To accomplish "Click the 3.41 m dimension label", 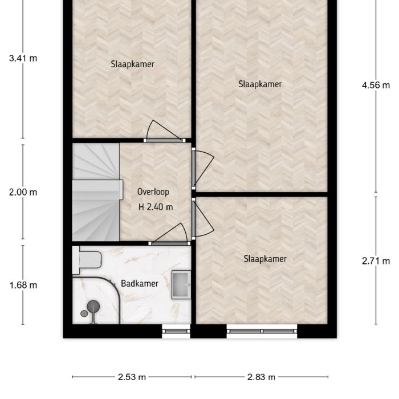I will [23, 58].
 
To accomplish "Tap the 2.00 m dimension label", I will [23, 192].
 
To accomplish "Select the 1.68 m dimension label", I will [23, 285].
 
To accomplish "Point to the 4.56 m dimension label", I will [376, 85].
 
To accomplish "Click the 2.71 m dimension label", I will [376, 262].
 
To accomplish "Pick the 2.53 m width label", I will [132, 377].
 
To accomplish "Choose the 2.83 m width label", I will [262, 377].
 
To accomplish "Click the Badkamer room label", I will [140, 283].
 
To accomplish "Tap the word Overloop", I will [153, 192].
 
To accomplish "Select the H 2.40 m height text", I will [156, 207].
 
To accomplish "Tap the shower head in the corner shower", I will [93, 307].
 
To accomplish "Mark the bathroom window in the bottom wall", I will [176, 329].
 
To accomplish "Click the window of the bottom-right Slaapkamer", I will [262, 329].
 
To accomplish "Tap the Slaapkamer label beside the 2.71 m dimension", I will [264, 259].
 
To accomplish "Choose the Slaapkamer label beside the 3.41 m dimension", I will [132, 64].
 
